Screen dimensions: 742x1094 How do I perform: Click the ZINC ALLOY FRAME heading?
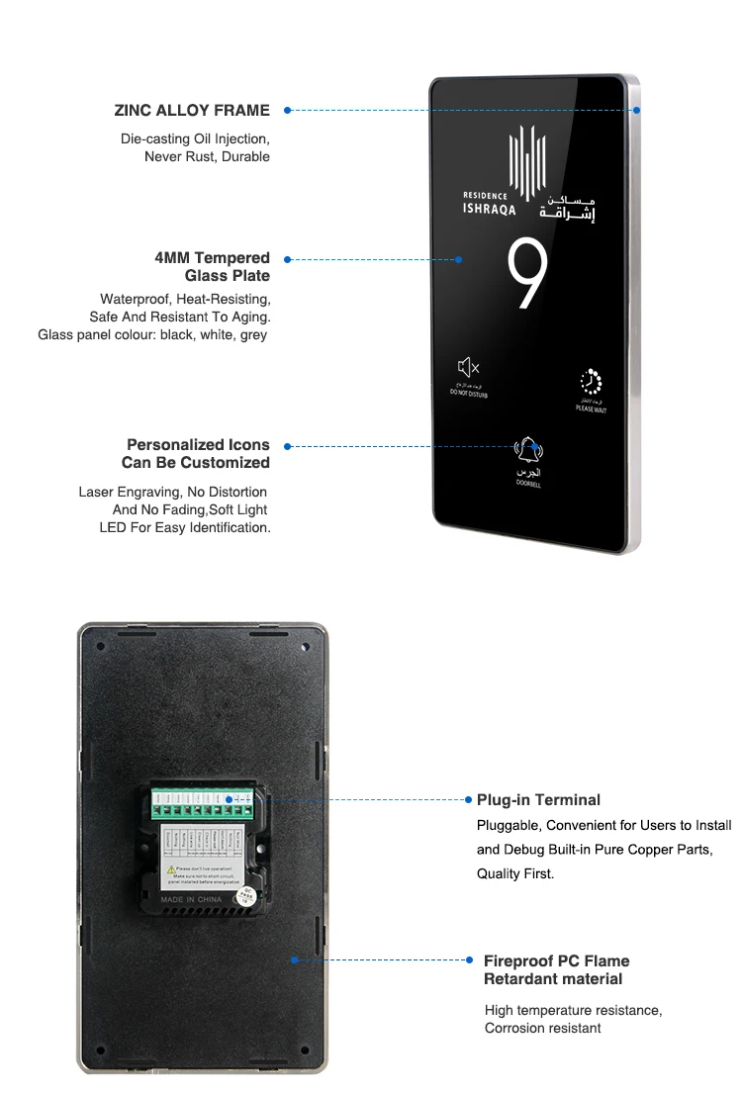click(x=192, y=111)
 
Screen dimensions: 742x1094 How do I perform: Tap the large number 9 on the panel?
click(x=526, y=276)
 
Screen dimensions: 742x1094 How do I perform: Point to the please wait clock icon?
click(x=591, y=382)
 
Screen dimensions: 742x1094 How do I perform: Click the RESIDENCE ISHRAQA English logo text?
click(x=489, y=203)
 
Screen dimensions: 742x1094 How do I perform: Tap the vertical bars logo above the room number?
click(x=527, y=159)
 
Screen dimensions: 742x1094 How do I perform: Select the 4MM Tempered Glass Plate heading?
click(x=212, y=267)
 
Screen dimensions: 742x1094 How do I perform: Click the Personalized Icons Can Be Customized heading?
click(x=198, y=454)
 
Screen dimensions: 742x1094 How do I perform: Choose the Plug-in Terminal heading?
click(x=538, y=799)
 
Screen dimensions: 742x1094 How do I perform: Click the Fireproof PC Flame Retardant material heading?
click(x=555, y=969)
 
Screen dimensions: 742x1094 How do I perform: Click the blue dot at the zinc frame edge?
click(x=637, y=110)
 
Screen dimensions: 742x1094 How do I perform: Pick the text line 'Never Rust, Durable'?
click(x=207, y=156)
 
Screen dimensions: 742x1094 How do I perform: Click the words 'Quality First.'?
click(x=515, y=873)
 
